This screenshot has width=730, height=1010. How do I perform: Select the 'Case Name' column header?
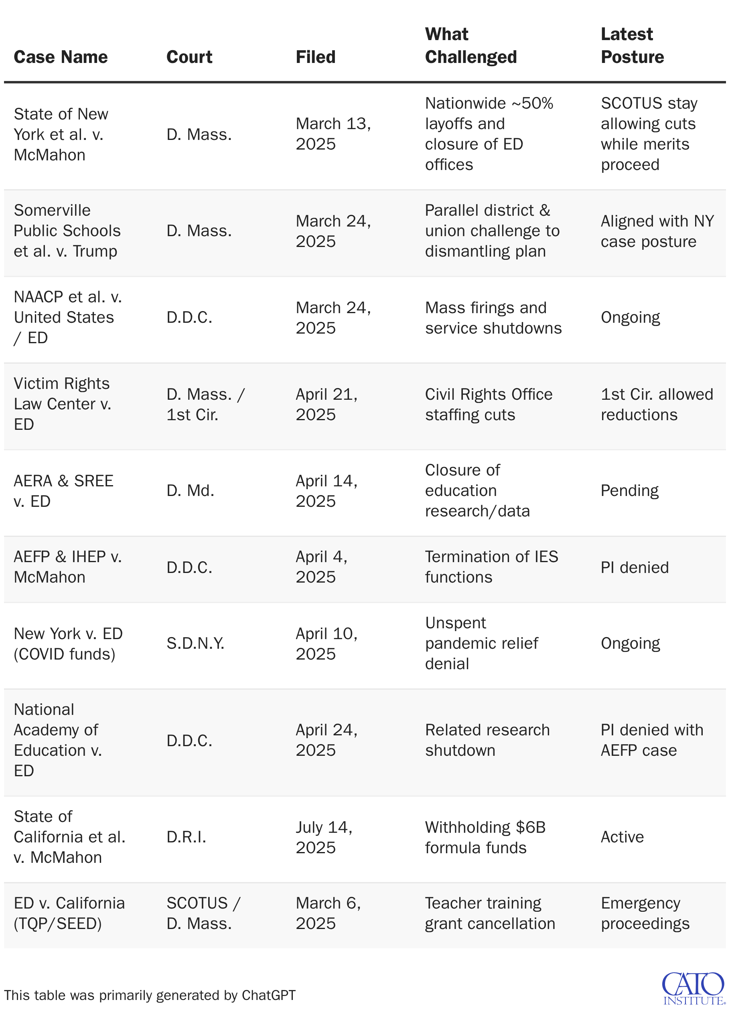(x=61, y=57)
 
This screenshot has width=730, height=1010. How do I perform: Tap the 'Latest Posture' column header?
(x=632, y=45)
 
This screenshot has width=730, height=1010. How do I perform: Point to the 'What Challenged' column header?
(x=470, y=45)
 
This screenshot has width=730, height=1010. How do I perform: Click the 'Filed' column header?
(x=315, y=57)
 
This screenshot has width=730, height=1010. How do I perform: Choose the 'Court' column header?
(x=189, y=57)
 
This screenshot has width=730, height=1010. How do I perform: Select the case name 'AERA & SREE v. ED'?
(x=63, y=491)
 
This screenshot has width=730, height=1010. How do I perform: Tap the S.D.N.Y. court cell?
(x=195, y=643)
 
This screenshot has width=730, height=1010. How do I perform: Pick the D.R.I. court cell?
(x=186, y=837)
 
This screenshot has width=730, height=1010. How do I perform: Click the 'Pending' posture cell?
(x=629, y=490)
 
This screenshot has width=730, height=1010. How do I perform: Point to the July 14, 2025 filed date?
(x=324, y=837)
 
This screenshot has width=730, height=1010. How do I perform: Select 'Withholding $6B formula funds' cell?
(x=485, y=837)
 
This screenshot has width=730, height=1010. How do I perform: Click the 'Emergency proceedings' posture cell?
(x=645, y=913)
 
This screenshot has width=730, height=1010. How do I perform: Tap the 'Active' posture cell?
(x=622, y=837)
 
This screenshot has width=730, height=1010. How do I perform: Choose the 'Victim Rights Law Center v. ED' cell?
(x=62, y=403)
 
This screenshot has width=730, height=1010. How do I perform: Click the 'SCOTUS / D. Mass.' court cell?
(x=203, y=913)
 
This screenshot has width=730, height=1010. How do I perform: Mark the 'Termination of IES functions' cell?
(x=491, y=567)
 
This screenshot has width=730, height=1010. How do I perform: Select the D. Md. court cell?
(x=190, y=490)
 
